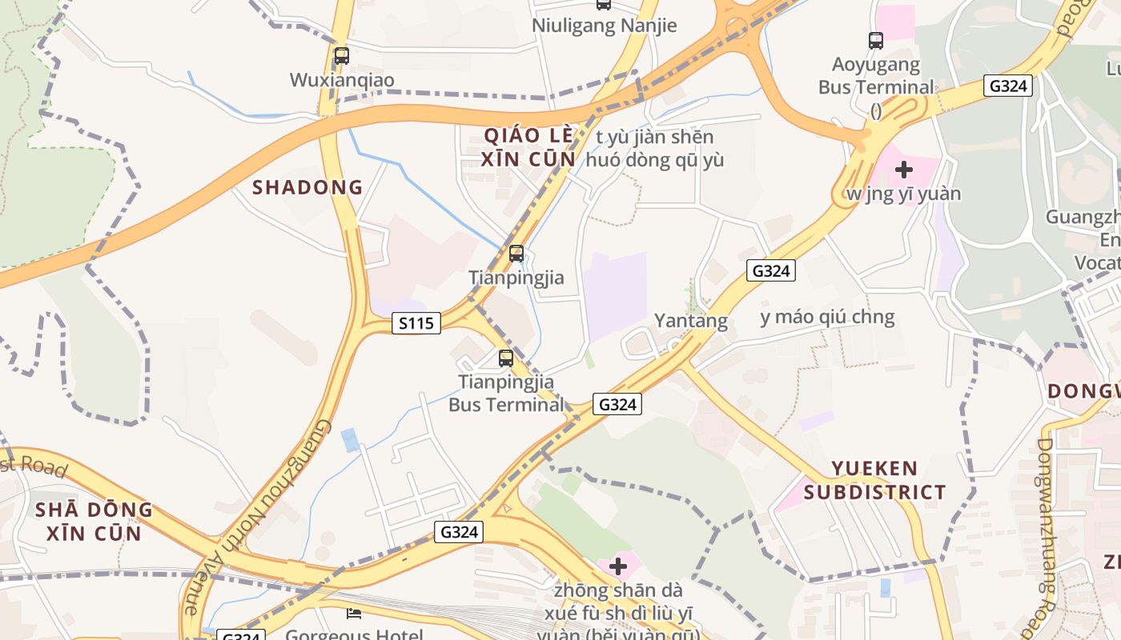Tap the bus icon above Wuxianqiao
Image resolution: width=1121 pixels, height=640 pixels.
341,56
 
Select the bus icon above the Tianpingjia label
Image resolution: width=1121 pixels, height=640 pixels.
516,254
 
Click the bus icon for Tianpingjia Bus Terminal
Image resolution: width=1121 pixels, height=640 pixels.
505,358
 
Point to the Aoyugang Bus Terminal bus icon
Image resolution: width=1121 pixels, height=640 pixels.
875,40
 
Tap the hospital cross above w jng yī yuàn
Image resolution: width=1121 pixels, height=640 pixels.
904,170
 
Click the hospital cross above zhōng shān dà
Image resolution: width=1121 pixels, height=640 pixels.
617,567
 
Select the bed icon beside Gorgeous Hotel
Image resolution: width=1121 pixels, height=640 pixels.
353,614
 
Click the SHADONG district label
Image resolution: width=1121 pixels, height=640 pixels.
307,188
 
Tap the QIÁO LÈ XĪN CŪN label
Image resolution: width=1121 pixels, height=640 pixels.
528,146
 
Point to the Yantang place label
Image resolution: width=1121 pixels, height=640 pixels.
691,322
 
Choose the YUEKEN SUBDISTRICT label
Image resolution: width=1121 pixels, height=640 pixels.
874,480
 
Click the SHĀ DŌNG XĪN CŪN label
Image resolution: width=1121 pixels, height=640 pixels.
94,521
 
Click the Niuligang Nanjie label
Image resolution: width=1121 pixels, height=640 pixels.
605,26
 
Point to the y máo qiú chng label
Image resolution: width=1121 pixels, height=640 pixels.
827,318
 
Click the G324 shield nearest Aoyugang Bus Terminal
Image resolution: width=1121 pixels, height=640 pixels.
1008,86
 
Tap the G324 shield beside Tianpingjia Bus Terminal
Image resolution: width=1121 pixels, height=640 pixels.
617,405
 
